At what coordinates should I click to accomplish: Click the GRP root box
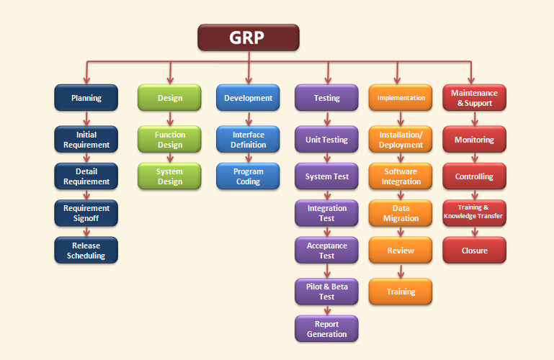248,37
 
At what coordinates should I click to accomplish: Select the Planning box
86,98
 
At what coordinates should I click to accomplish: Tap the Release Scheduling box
86,251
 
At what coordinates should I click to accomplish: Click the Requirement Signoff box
86,213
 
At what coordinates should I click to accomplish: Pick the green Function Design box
169,140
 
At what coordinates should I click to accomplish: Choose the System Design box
169,176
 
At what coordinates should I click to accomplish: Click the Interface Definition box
248,140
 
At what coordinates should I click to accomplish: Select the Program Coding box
248,176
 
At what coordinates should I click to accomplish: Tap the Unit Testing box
326,140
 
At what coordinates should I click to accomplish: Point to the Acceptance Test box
326,251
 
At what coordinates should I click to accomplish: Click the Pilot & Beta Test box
326,292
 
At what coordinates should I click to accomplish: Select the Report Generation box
326,329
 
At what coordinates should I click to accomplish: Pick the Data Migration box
401,213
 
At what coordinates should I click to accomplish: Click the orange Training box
401,292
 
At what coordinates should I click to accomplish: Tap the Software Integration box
401,176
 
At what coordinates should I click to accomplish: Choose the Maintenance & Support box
474,98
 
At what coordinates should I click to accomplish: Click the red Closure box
474,251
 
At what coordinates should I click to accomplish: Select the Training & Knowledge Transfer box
474,213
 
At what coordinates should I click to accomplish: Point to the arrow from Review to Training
401,271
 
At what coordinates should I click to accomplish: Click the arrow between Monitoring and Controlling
474,158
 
